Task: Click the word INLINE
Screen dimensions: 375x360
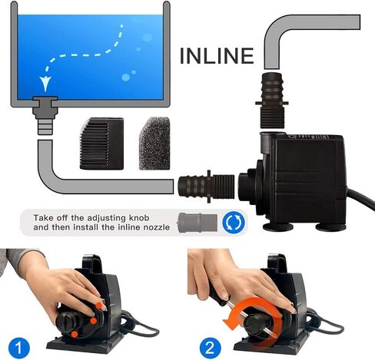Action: click(217, 56)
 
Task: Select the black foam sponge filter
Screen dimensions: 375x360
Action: click(154, 144)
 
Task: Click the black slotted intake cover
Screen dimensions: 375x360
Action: click(101, 144)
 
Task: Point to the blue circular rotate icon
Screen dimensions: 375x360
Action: click(234, 222)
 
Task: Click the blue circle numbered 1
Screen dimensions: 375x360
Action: click(19, 348)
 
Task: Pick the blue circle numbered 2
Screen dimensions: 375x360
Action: click(210, 348)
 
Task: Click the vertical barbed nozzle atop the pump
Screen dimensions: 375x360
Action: click(272, 101)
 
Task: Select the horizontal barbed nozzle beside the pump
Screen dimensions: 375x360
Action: click(207, 186)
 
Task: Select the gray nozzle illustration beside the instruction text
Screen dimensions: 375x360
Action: click(197, 222)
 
